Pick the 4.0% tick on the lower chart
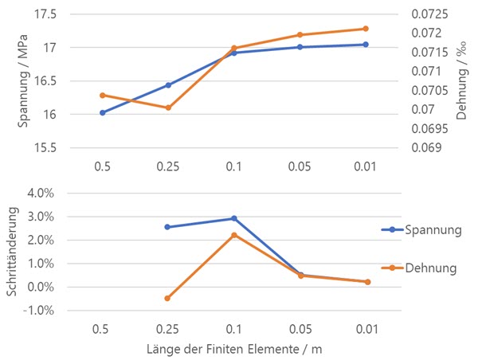coord(40,193)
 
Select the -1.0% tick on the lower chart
coord(38,311)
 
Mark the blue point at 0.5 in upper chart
coord(102,112)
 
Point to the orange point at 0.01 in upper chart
coord(366,29)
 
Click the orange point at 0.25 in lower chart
coord(168,299)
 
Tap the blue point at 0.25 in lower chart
coord(168,227)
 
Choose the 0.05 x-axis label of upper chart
coord(300,168)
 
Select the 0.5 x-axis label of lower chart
coord(102,328)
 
